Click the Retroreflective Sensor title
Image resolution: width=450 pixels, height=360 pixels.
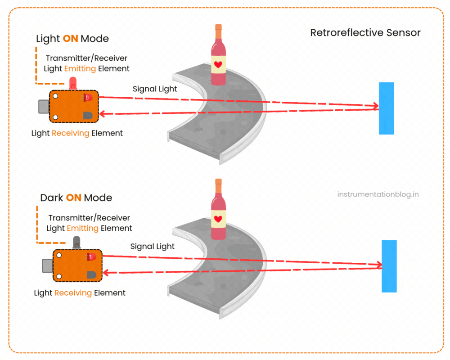pos(365,33)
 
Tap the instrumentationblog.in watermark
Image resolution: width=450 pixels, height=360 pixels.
pos(378,194)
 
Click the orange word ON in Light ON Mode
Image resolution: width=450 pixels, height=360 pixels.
pos(70,39)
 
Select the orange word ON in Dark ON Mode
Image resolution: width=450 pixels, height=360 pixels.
pos(74,198)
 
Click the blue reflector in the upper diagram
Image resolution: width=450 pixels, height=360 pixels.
pos(386,108)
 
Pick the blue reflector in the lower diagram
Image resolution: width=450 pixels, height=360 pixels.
pos(389,266)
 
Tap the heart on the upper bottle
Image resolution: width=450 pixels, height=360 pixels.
pos(218,64)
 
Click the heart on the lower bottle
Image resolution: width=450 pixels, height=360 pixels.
pos(218,219)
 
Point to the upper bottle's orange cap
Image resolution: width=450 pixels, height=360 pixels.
pos(218,32)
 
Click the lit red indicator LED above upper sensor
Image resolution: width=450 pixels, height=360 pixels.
pos(72,82)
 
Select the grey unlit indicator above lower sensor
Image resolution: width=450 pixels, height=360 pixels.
pos(75,242)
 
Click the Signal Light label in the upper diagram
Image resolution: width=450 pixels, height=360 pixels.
pos(155,89)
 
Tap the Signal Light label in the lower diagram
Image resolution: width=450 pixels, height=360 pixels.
pos(152,246)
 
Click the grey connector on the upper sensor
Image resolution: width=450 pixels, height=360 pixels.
pos(43,106)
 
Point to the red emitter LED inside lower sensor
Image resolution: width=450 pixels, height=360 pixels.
pos(91,257)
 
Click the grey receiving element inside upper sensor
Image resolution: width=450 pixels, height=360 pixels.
pos(87,116)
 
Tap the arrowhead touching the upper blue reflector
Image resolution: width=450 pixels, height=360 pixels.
pos(375,107)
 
